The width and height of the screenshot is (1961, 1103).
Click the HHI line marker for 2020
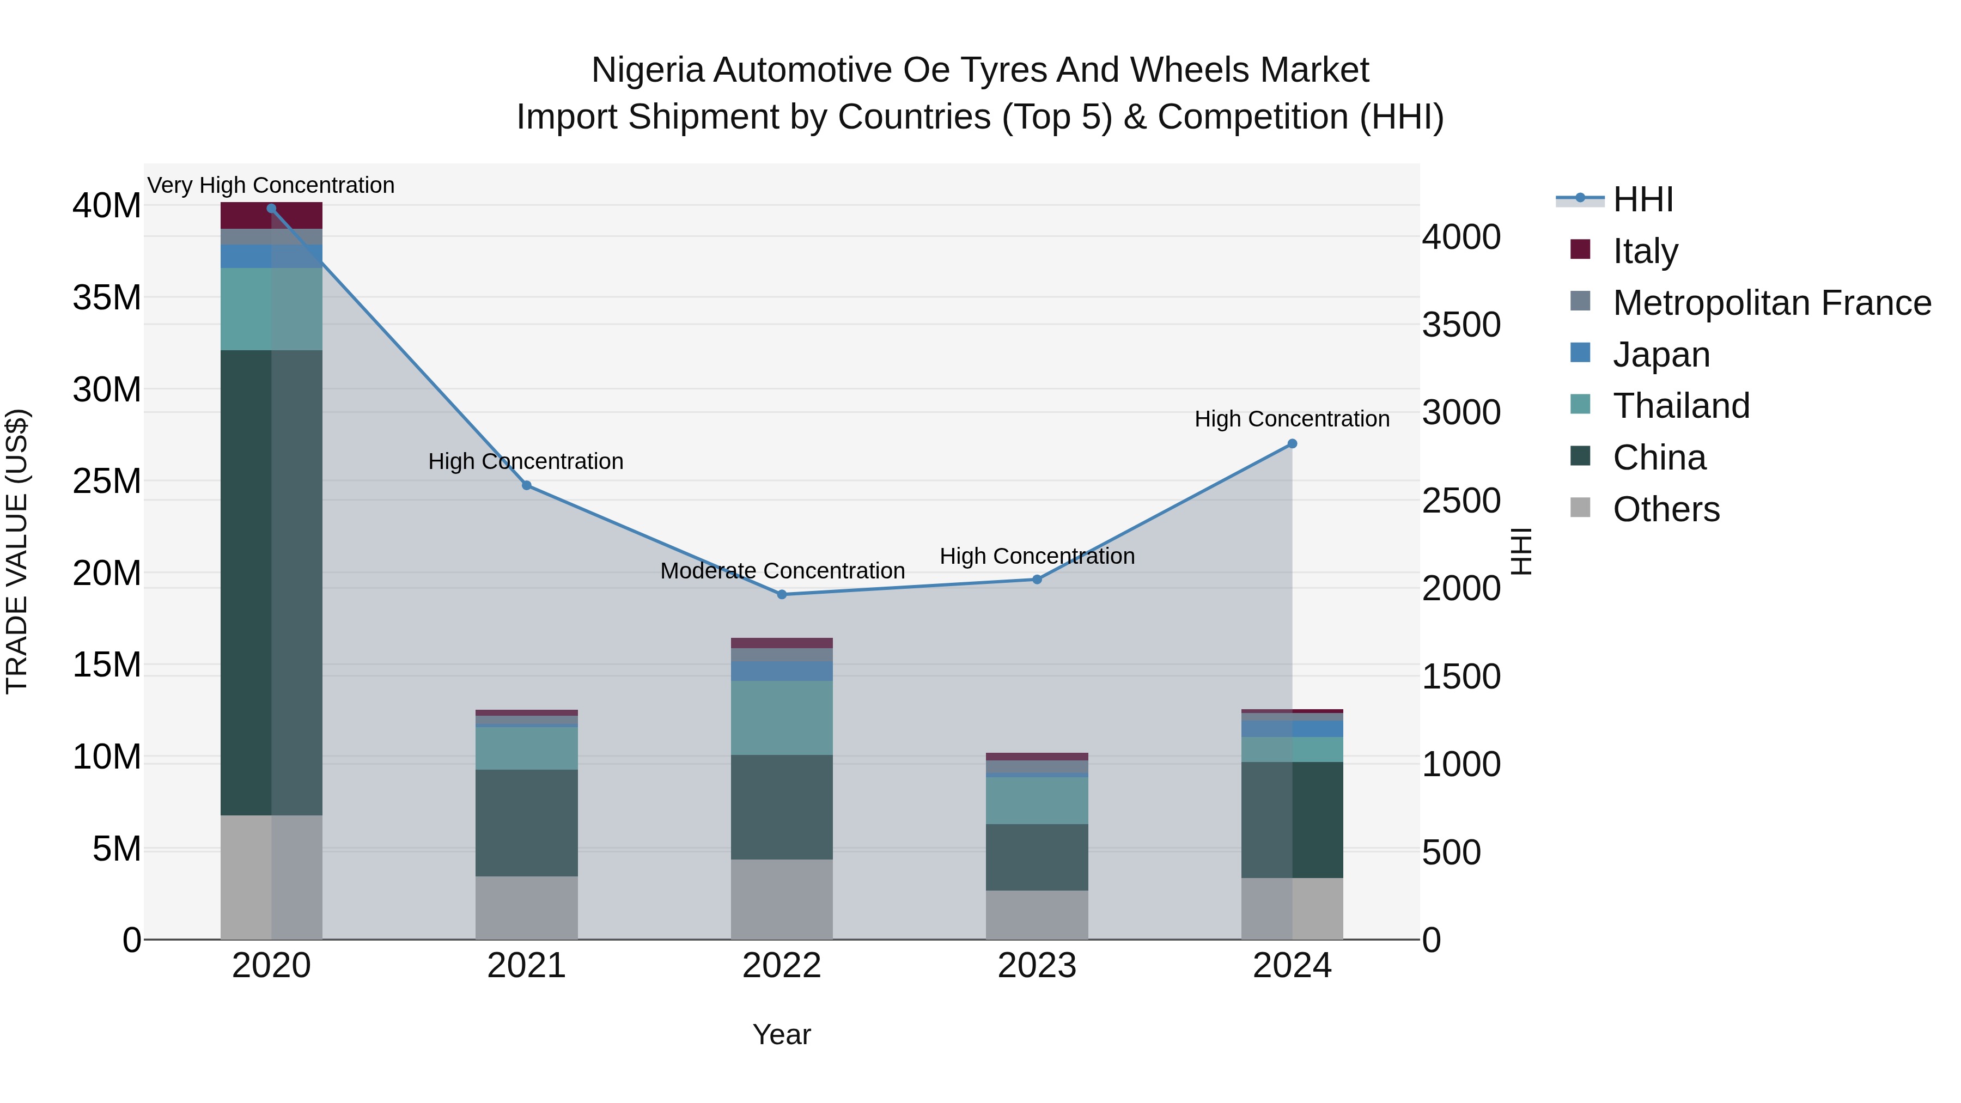pos(271,209)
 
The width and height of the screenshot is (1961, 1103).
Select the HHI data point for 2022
pos(782,594)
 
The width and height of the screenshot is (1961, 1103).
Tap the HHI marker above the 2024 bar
pos(1292,444)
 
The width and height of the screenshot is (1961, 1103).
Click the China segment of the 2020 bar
pos(271,582)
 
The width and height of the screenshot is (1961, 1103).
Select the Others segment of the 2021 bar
pos(526,907)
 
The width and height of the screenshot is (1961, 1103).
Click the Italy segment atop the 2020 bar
pos(271,215)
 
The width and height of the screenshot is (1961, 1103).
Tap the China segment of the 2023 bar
pos(1037,857)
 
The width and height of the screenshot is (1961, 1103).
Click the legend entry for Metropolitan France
pos(1771,303)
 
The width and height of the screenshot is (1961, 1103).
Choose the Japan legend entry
pos(1661,355)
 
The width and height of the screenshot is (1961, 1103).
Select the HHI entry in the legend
pos(1643,199)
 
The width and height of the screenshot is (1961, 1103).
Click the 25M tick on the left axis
pos(107,481)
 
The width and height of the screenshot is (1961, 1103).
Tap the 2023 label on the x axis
pos(1037,967)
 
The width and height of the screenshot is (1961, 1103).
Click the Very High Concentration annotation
pos(271,185)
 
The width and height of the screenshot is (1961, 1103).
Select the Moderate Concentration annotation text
pos(782,571)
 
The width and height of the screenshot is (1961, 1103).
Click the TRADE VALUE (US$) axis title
pos(17,551)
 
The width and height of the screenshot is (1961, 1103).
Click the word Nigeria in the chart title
pos(647,70)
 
